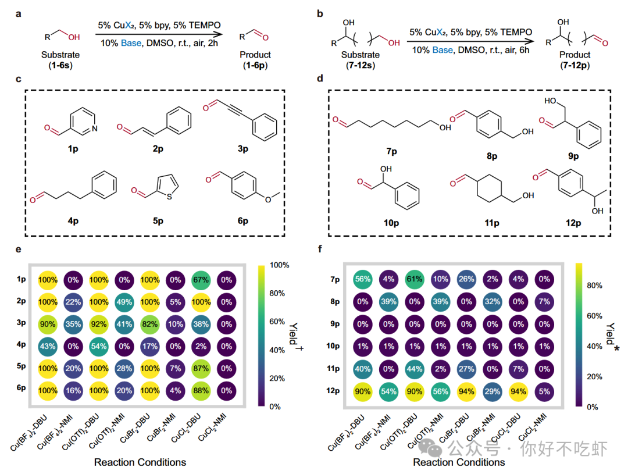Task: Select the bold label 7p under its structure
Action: [391, 152]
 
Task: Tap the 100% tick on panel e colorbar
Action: [280, 265]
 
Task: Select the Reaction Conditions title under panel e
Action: [140, 462]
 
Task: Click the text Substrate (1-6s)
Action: [60, 60]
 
